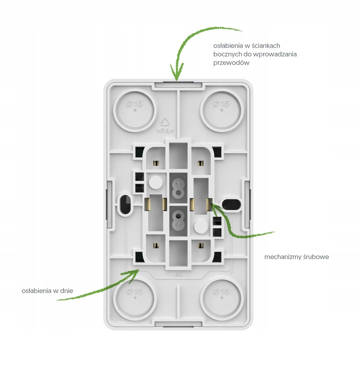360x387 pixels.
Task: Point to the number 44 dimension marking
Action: pyautogui.click(x=178, y=275)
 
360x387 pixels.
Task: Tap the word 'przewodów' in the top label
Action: pyautogui.click(x=231, y=63)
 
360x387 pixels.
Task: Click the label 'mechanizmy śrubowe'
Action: pyautogui.click(x=296, y=257)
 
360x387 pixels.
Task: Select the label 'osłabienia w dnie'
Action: pyautogui.click(x=47, y=291)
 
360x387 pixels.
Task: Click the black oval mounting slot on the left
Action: pyautogui.click(x=125, y=204)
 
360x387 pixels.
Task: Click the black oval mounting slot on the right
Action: pyautogui.click(x=231, y=204)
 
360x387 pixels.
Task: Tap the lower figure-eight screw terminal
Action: pyautogui.click(x=178, y=221)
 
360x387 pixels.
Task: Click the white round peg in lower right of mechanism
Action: pyautogui.click(x=201, y=226)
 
